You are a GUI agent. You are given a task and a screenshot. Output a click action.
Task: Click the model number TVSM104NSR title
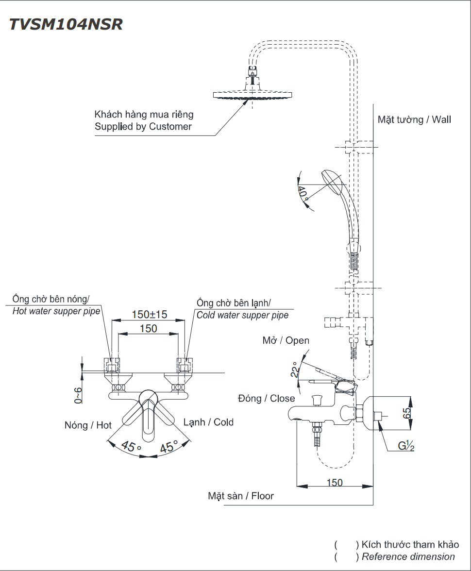coord(66,25)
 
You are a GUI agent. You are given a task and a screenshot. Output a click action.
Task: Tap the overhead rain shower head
coord(252,94)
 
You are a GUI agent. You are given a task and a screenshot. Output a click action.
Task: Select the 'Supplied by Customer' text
coord(143,127)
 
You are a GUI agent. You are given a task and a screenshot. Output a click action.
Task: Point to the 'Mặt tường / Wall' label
coord(414,119)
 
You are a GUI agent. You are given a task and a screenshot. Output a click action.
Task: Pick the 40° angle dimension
coord(303,193)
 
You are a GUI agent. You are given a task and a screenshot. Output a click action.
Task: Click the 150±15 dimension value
coord(149,314)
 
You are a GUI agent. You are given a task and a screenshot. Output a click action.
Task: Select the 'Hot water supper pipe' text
coord(56,311)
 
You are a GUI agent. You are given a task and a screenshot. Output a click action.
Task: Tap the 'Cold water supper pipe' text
coord(242,315)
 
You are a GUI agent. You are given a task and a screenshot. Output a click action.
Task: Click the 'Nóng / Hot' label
coord(88,425)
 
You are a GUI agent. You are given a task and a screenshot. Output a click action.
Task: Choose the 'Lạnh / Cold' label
coord(208,422)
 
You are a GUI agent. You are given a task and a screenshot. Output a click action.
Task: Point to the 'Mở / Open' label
coord(286,340)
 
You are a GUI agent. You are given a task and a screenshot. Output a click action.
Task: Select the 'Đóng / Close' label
coord(266,399)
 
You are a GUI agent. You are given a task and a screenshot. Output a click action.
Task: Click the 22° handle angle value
coord(293,370)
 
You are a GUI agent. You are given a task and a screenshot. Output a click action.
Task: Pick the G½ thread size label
coord(406,445)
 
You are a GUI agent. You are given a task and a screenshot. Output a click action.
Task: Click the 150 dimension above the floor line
coord(334,483)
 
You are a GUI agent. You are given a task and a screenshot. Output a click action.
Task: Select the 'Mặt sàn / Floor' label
coord(241,496)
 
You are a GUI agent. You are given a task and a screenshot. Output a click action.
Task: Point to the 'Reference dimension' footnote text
coord(408,557)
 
